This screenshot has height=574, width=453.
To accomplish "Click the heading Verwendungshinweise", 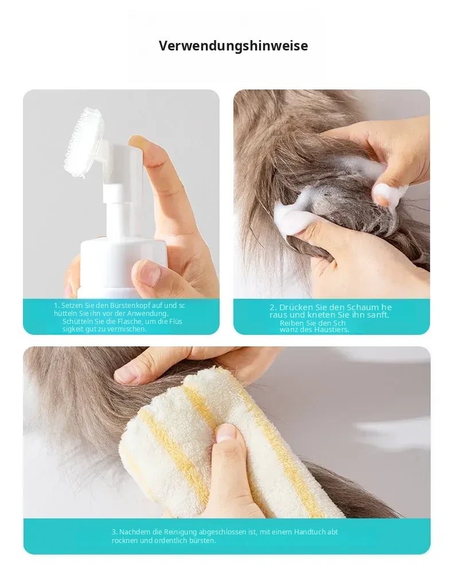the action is point(233,46).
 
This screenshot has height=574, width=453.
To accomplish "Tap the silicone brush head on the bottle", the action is point(84,143).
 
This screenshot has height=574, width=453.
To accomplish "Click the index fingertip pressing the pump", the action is point(142,143).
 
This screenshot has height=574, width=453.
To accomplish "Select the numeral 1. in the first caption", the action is point(57,305).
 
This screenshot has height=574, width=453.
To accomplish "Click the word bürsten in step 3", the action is point(202,541).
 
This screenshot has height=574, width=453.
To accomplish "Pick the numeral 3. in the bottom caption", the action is point(115,532).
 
